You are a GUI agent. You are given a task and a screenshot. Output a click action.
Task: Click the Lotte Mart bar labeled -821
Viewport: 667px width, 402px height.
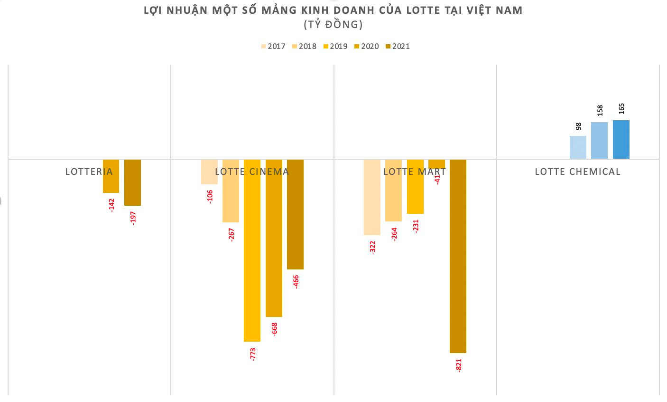(x=458, y=257)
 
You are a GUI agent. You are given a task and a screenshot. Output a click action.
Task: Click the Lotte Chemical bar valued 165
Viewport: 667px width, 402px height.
(x=621, y=139)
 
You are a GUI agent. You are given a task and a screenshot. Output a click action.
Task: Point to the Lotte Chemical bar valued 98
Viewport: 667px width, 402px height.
(x=578, y=147)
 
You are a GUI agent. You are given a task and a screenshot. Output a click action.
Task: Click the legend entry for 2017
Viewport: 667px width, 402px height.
(x=273, y=46)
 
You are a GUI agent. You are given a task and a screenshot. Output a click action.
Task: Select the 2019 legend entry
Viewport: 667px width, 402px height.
(x=335, y=46)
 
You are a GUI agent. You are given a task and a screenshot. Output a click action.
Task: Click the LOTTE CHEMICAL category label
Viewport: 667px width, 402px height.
(x=577, y=172)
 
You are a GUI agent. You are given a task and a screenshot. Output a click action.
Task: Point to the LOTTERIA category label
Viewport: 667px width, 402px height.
(x=89, y=172)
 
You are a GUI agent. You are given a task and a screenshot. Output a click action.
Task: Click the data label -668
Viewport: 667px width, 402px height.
(x=274, y=329)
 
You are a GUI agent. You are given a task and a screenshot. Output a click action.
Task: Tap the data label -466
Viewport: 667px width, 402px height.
(x=296, y=281)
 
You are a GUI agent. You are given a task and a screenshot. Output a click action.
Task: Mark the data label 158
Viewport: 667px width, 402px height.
(x=600, y=110)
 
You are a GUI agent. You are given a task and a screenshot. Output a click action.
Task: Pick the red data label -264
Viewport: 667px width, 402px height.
(x=394, y=234)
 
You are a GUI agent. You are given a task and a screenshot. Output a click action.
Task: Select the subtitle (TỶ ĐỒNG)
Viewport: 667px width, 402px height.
(x=333, y=24)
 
